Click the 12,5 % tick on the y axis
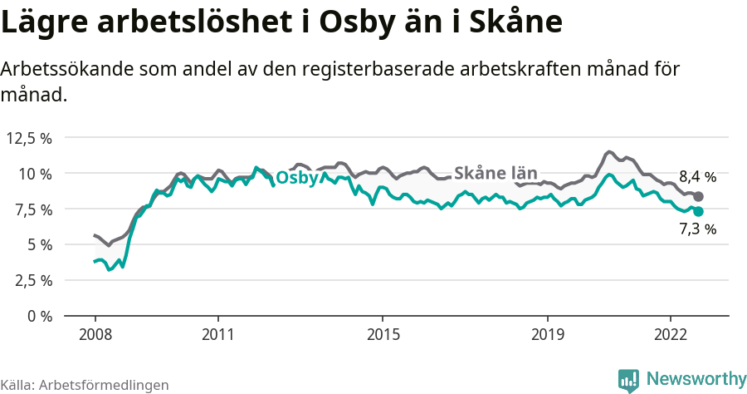pos(29,138)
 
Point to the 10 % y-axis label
pos(36,174)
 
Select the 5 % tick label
pos(39,244)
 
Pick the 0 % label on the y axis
pos(39,316)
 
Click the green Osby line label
pos(296,179)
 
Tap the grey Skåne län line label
pos(496,173)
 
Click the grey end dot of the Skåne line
pos(698,197)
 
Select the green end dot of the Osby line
pos(698,212)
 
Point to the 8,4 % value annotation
pos(697,176)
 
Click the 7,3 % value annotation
pos(697,229)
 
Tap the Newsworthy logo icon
pos(628,380)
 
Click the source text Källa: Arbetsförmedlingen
pos(85,385)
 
